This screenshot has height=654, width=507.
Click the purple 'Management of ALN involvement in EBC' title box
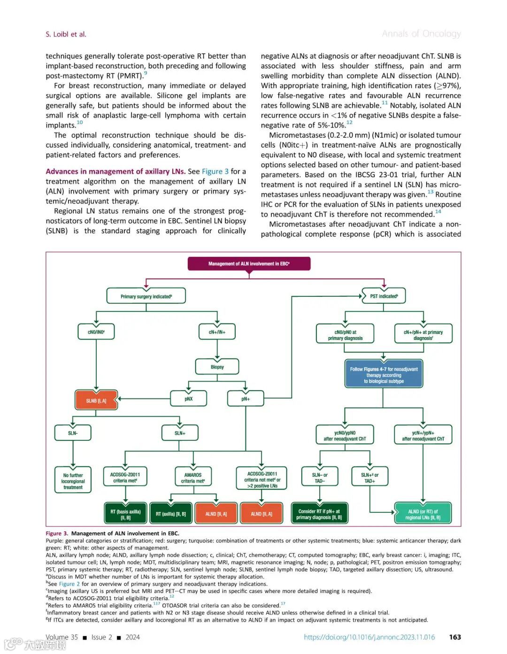(x=249, y=264)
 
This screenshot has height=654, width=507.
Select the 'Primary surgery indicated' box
(x=146, y=296)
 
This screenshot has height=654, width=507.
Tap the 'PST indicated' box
(x=384, y=296)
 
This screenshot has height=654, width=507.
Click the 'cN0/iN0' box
(x=96, y=332)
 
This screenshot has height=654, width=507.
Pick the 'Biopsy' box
(x=217, y=367)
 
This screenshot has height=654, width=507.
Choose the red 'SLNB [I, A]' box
(x=96, y=401)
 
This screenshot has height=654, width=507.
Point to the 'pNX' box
(x=188, y=399)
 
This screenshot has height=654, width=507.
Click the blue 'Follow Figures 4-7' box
(x=384, y=375)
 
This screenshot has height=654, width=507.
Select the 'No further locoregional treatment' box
(x=73, y=481)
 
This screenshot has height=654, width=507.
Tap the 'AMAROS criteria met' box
(x=192, y=478)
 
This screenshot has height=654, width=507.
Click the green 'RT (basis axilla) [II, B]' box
(x=125, y=514)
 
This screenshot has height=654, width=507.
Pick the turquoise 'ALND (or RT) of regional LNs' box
(x=422, y=514)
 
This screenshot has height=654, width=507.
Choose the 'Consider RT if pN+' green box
(x=319, y=514)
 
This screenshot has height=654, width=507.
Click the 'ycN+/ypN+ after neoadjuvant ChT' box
(x=422, y=436)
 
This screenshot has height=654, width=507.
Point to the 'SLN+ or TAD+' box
(x=369, y=478)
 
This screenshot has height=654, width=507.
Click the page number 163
(x=455, y=637)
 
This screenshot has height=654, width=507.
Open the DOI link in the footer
(x=369, y=637)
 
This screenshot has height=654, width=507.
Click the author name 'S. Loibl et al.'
(x=66, y=34)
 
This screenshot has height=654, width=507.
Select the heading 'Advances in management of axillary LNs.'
(x=115, y=172)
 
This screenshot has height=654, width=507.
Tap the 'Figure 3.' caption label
(x=57, y=534)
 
